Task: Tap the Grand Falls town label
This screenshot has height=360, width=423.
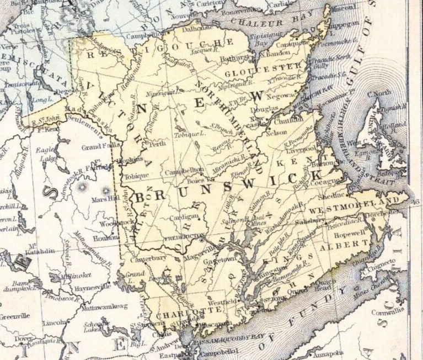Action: click(x=100, y=147)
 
